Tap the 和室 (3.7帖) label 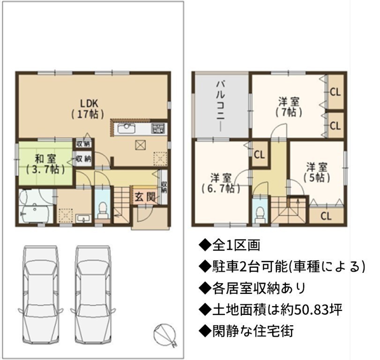(x=45, y=164)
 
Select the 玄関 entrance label (x=145, y=197)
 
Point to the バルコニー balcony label (x=221, y=106)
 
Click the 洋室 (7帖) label (x=289, y=107)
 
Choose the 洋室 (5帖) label (x=316, y=172)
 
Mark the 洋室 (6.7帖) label (x=221, y=183)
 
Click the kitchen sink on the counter (x=127, y=128)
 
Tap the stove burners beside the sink (x=158, y=128)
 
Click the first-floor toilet (x=103, y=210)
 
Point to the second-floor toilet (x=260, y=215)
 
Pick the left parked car (x=41, y=294)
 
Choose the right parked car (x=93, y=294)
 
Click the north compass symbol (x=164, y=335)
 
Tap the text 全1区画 (x=236, y=245)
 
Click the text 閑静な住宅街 (x=253, y=330)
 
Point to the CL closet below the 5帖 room (x=326, y=216)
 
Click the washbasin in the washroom (x=83, y=218)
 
